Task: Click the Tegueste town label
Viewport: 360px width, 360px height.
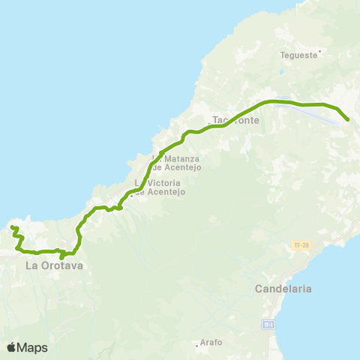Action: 299,54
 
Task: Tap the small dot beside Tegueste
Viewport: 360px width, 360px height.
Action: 319,52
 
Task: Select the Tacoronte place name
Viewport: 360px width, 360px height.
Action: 235,120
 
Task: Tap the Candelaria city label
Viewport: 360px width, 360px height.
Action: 283,289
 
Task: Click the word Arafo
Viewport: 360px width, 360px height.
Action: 211,343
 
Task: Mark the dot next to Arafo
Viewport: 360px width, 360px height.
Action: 200,338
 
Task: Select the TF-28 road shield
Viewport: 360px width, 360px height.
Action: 300,245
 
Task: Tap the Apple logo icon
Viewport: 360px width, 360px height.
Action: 12,347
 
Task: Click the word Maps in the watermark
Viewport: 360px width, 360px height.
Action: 32,347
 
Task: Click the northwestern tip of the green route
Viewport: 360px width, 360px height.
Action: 12,226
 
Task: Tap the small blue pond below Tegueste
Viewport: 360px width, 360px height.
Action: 280,73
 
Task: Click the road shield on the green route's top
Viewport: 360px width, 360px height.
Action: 281,104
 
